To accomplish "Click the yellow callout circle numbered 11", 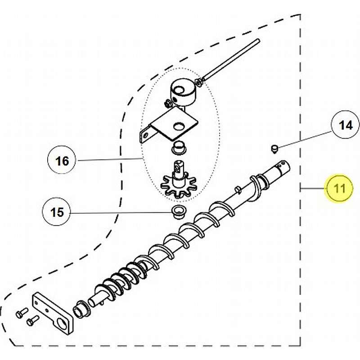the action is point(339,189).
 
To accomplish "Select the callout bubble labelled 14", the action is point(345,125).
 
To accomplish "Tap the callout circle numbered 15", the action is point(57,212).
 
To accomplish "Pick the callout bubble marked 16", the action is point(62,160).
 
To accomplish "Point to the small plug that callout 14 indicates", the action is point(274,149).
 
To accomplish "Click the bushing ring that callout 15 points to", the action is point(178,211).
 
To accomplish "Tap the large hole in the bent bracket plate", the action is point(179,126).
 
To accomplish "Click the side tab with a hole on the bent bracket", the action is point(145,135).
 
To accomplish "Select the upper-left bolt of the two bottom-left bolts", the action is point(22,313).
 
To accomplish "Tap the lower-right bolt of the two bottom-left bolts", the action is point(32,321).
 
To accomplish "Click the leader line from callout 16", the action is point(108,160).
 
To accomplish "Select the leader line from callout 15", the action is point(121,212).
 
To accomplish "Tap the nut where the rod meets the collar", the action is point(199,82).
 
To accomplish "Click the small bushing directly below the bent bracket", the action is point(179,148).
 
